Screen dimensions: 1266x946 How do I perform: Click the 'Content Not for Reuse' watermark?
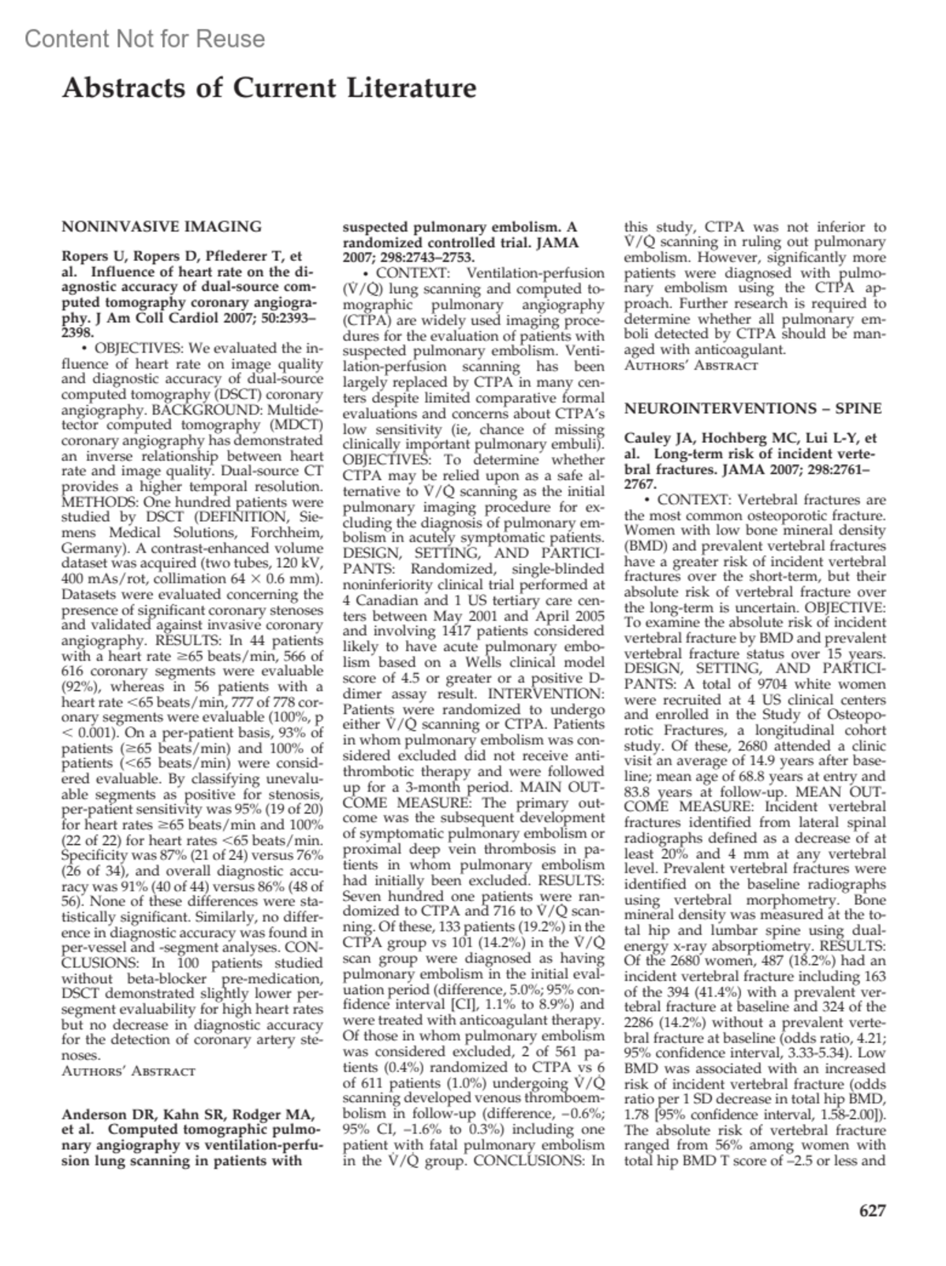coord(145,39)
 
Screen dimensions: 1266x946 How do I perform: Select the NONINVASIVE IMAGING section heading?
coord(162,227)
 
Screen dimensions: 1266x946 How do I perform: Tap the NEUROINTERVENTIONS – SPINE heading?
coord(753,408)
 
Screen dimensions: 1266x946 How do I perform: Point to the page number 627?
coord(872,1211)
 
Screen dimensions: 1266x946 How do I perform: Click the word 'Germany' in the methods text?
coord(89,548)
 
